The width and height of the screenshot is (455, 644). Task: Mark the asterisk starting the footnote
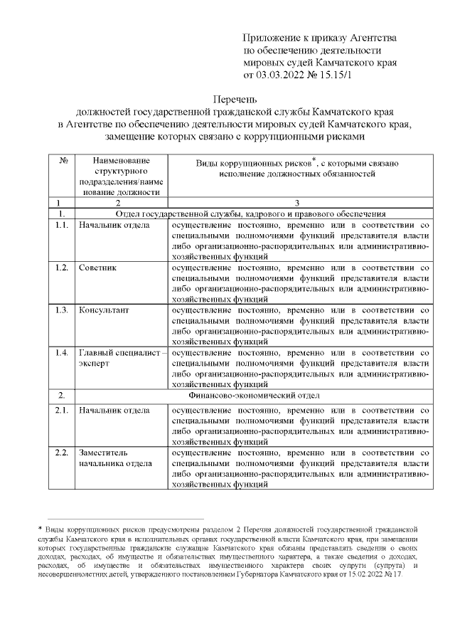tap(41, 529)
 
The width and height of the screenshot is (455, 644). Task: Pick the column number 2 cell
tap(117, 203)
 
